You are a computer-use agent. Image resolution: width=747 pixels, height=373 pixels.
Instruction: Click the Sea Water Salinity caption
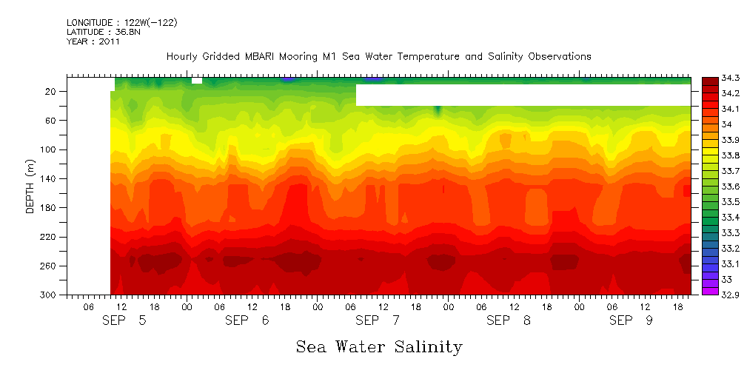[379, 346]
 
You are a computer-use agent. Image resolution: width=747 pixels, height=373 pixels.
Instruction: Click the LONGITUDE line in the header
[121, 23]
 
